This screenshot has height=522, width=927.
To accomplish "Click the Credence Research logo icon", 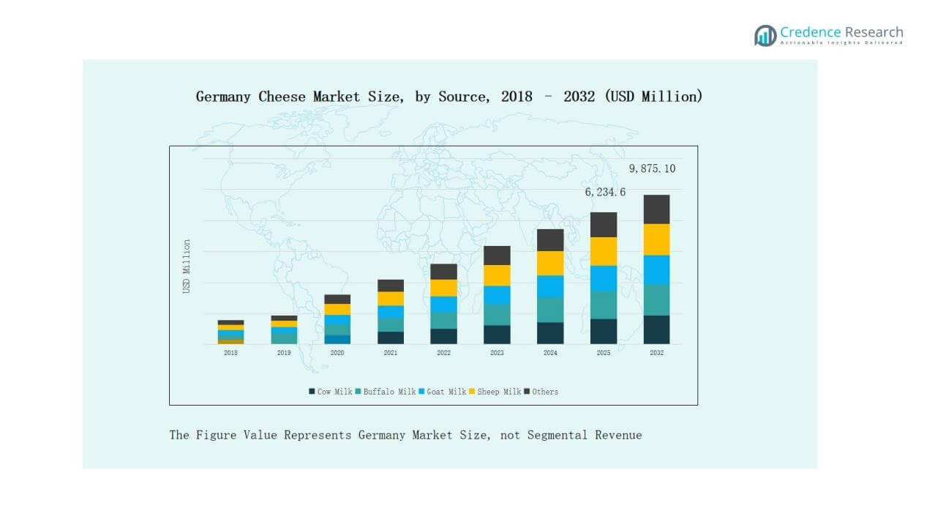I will pos(765,35).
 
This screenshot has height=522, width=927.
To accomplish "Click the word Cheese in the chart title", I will pos(282,97).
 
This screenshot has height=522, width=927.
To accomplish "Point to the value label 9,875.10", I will pos(652,169).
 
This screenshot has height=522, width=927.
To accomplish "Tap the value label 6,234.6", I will pos(605,193).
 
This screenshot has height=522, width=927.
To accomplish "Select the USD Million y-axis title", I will pos(187,266).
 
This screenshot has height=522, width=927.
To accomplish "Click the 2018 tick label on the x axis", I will pos(230,353).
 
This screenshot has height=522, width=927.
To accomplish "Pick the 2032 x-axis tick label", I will pos(656,353).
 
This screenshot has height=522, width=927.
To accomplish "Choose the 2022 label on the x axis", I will pos(443,353).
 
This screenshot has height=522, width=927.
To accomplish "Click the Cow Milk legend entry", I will pos(331,392).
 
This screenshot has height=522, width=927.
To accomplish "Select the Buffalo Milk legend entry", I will pos(386,392).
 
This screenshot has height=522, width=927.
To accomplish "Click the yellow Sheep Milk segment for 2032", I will pos(656,239).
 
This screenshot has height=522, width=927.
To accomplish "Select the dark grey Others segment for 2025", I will pos(604,224).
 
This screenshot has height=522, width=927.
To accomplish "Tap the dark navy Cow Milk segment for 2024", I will pos(550,333).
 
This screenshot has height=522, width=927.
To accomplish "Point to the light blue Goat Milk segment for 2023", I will pos(497,295).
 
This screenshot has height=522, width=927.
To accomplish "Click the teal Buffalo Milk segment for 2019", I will pos(284,338).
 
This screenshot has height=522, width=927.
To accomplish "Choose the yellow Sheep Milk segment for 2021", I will pos(391,299).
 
